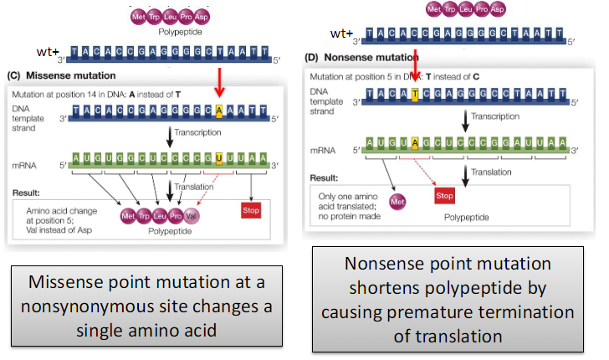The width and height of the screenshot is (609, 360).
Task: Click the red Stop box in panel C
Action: point(251,210)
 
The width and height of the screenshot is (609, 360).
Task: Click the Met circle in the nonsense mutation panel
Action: point(399,202)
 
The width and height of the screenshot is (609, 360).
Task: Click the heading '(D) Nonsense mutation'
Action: point(357,61)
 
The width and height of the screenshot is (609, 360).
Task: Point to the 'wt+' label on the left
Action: point(47,52)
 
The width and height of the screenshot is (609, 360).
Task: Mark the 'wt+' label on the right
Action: point(341,33)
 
